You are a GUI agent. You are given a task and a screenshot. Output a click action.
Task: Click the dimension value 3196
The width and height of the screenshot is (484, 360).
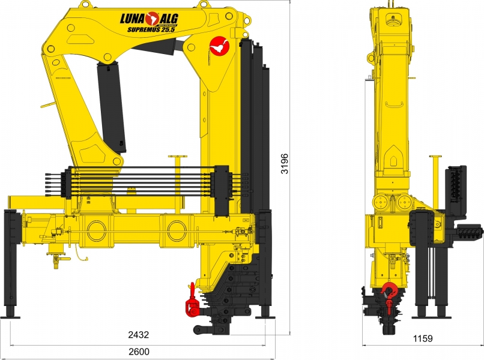pyautogui.click(x=284, y=164)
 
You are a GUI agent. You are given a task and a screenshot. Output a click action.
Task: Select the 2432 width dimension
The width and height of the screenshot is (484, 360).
pyautogui.click(x=139, y=335)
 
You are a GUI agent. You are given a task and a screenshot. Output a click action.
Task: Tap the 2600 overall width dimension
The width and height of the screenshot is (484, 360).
pyautogui.click(x=139, y=352)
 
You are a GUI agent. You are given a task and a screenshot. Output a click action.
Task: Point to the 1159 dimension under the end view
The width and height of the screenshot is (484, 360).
pyautogui.click(x=423, y=338)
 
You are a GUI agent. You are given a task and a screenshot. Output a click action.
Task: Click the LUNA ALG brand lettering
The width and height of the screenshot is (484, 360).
pyautogui.click(x=149, y=19)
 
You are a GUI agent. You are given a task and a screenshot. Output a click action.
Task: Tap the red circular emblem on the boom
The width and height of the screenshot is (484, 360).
pyautogui.click(x=219, y=46)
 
